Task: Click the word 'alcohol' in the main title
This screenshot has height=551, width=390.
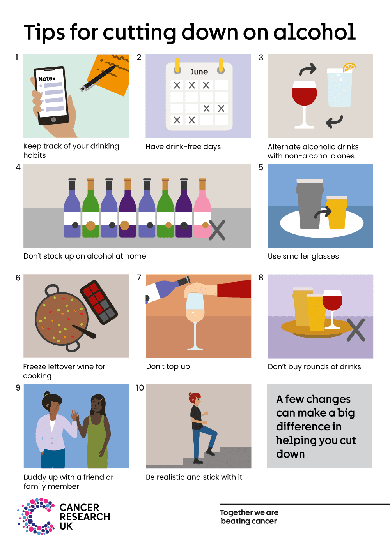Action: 314,32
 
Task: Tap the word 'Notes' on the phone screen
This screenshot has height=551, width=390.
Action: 47,79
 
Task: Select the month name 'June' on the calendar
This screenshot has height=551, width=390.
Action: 199,72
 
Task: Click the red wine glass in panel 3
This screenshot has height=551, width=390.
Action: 304,97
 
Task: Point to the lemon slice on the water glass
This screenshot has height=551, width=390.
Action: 349,67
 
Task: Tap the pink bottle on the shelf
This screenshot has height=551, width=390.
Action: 202,210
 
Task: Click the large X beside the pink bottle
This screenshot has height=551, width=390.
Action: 217,230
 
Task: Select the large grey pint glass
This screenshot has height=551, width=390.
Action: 309,204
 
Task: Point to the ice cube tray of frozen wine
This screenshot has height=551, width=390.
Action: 99,302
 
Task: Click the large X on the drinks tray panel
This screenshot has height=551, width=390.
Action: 355,330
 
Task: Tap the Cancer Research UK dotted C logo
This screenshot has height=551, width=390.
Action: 36,516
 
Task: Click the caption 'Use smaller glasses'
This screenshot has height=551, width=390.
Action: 303,256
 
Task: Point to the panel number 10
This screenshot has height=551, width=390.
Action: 140,388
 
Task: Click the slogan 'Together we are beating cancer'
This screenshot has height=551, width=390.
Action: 249,517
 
